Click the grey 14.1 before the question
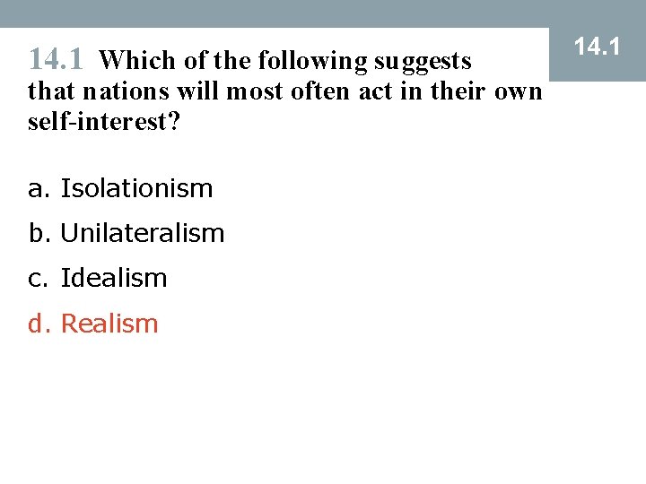pyautogui.click(x=57, y=60)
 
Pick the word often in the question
pyautogui.click(x=312, y=91)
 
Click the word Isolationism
pyautogui.click(x=136, y=188)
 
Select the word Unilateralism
pyautogui.click(x=142, y=233)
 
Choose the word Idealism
pyautogui.click(x=114, y=278)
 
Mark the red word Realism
pyautogui.click(x=109, y=324)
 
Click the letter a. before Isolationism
pyautogui.click(x=39, y=189)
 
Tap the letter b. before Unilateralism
pyautogui.click(x=39, y=233)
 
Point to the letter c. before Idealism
pyautogui.click(x=39, y=279)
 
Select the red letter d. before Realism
pyautogui.click(x=39, y=324)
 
